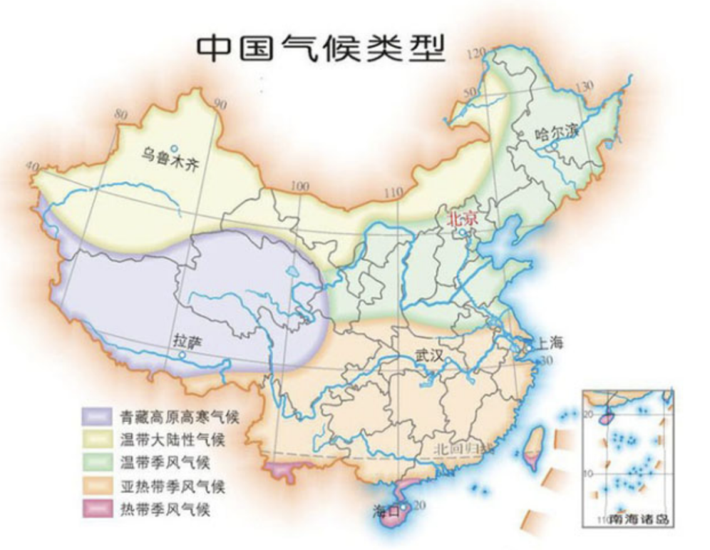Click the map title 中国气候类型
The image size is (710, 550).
coord(320,48)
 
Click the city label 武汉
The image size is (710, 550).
coord(429,355)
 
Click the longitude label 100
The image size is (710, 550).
coord(300,186)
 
